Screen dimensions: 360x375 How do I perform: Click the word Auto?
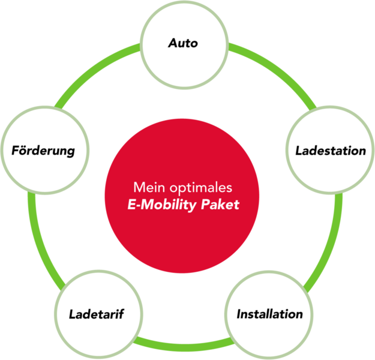183,43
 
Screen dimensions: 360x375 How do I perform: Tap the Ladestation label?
330,151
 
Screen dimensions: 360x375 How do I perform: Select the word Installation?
269,314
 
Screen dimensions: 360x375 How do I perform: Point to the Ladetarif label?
96,314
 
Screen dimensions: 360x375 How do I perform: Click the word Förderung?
43,150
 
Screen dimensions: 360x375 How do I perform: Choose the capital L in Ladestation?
299,151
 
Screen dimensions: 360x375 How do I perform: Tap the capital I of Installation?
239,314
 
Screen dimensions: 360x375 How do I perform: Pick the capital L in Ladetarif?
72,314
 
